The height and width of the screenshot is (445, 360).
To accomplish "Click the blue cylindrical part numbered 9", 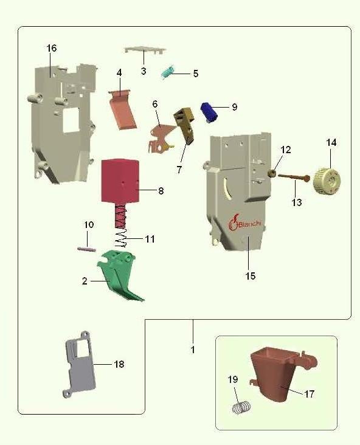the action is [x=209, y=112].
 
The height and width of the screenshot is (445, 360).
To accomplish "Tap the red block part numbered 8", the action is [x=120, y=182].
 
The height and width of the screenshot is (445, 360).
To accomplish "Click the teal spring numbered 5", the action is [x=168, y=72].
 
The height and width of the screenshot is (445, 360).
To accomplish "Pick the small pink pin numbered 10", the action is [x=86, y=249].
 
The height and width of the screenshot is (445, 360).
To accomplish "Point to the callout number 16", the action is [x=52, y=48].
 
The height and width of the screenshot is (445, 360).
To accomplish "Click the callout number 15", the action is [x=251, y=276].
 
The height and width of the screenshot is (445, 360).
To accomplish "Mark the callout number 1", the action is [x=193, y=350].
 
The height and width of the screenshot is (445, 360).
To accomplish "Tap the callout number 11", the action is [x=150, y=239].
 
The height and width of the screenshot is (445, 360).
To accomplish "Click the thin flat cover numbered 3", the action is [x=145, y=50].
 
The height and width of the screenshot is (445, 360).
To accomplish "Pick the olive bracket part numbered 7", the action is [x=185, y=124].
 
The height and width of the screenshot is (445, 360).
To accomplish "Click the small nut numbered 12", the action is [x=272, y=173].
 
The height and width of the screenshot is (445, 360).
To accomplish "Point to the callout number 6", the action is [x=154, y=104].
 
